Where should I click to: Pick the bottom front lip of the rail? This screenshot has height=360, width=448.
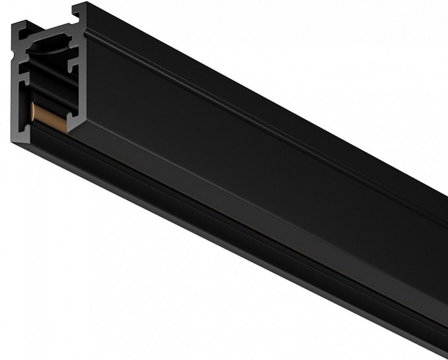[x=224, y=251]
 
